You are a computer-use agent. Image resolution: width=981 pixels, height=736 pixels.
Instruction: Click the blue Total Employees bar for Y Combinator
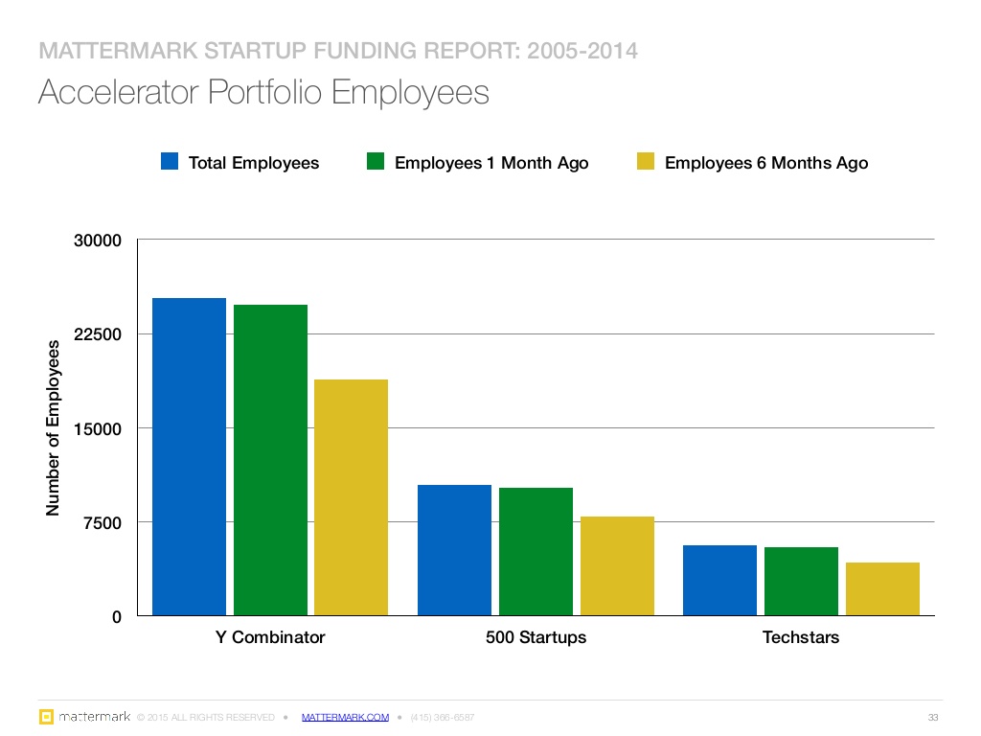(189, 457)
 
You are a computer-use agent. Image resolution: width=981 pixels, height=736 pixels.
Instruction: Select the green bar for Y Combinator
(270, 460)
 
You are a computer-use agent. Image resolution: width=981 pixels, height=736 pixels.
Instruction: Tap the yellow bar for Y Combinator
(351, 497)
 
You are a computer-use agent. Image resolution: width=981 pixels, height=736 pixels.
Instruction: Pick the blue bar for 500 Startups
(454, 550)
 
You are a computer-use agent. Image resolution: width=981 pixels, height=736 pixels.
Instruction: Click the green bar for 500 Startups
(536, 551)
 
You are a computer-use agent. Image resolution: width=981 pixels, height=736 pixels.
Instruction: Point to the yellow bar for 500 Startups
(617, 565)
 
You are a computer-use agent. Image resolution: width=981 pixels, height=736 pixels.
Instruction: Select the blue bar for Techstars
(719, 580)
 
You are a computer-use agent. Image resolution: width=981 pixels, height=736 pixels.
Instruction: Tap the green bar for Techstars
(801, 582)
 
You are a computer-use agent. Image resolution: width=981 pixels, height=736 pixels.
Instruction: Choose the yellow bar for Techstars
(882, 589)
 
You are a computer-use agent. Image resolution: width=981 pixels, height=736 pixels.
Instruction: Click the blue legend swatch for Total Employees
(170, 161)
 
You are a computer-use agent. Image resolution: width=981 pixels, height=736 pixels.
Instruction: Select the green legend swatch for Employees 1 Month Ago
(376, 161)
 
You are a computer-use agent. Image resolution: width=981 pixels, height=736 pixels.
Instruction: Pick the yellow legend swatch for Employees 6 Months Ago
(646, 161)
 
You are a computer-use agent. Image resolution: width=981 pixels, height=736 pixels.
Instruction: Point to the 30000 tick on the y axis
(98, 241)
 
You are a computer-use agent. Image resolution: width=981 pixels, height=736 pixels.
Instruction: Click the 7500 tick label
(103, 522)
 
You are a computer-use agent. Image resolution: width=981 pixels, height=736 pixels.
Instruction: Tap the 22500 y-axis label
(98, 334)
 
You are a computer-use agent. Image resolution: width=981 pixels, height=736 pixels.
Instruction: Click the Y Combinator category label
(270, 637)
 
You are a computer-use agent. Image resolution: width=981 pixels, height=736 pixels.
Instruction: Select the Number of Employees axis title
(53, 428)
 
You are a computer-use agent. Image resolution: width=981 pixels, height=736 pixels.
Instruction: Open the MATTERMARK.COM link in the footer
(345, 717)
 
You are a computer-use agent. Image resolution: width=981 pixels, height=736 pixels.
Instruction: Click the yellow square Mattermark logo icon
(46, 717)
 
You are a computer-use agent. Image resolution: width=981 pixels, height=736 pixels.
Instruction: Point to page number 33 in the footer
(933, 717)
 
